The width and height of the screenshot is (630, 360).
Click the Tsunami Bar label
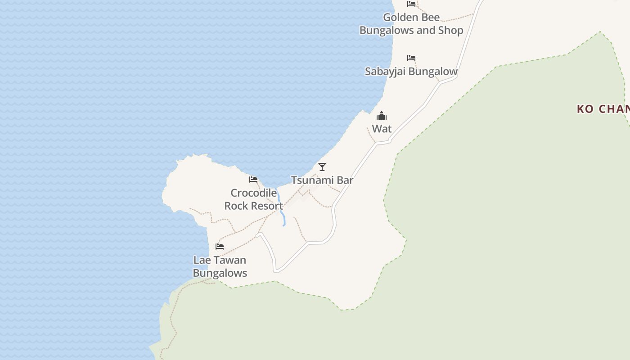click(x=322, y=180)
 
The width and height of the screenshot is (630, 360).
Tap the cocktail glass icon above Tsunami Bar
click(x=322, y=167)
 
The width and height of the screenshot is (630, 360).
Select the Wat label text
click(x=382, y=129)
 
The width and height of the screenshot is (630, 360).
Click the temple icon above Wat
click(x=382, y=116)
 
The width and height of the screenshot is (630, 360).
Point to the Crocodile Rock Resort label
click(x=253, y=199)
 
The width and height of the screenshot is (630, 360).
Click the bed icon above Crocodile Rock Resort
click(x=253, y=180)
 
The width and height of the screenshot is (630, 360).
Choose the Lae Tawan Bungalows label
click(x=220, y=266)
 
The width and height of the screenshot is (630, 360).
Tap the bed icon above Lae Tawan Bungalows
click(x=220, y=246)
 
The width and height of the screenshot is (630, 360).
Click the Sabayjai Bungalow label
click(x=411, y=71)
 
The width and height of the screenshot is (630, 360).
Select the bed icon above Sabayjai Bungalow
click(x=411, y=58)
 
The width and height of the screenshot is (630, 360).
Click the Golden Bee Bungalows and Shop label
click(x=411, y=24)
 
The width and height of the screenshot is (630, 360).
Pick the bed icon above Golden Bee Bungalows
click(x=411, y=4)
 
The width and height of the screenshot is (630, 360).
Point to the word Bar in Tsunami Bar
click(x=345, y=180)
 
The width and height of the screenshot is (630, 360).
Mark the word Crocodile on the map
click(x=253, y=193)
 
